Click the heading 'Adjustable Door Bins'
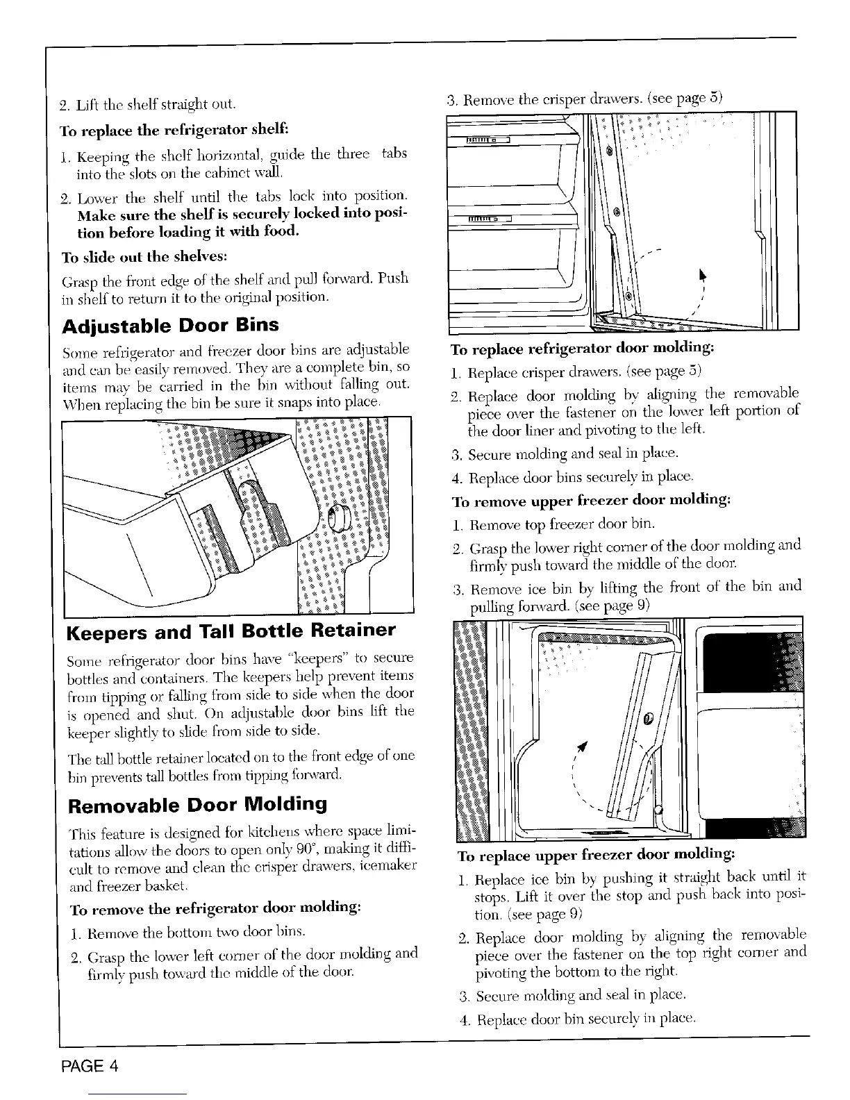point(170,325)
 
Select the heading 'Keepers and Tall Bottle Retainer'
point(231,632)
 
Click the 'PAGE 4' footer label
point(88,1067)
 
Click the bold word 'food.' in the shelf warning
point(280,231)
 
